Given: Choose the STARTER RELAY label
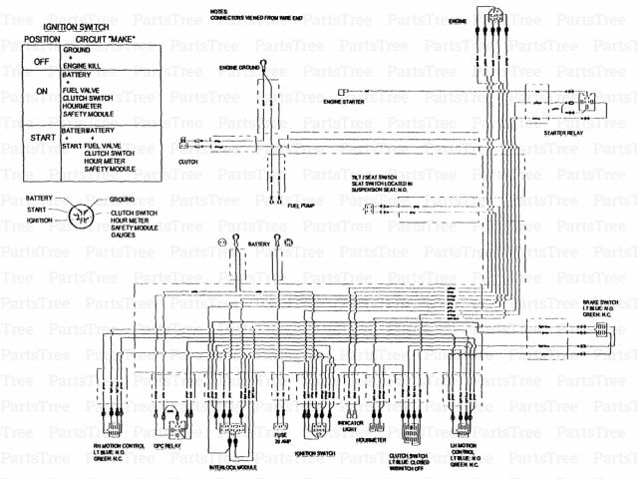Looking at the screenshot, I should point(563,131).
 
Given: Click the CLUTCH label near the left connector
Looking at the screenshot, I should point(187,160).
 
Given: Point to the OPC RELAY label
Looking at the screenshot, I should point(165,446).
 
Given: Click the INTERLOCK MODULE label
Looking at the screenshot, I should point(233,465).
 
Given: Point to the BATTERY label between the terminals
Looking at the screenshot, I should point(259,242).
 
